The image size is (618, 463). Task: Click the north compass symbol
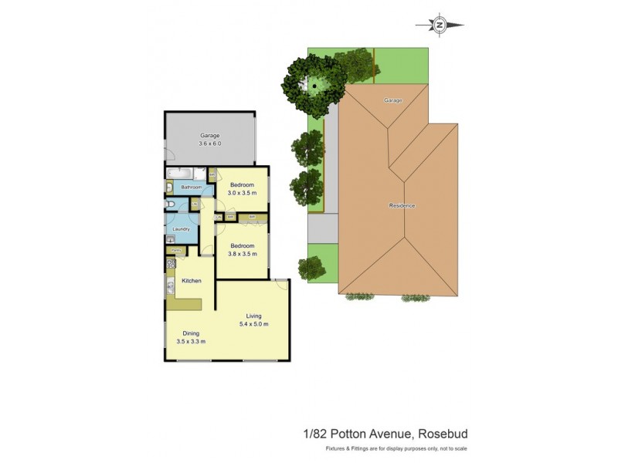point(440,25)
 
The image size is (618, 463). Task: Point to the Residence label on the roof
point(402,206)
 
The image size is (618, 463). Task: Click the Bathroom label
point(191,188)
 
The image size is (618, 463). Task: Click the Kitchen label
point(192,281)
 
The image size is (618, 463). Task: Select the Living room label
point(253,316)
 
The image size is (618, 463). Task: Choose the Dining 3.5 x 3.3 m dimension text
point(191,341)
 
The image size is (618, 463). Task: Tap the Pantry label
point(176,250)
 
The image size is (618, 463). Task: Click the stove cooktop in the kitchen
point(171,265)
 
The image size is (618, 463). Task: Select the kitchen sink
point(170,289)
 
